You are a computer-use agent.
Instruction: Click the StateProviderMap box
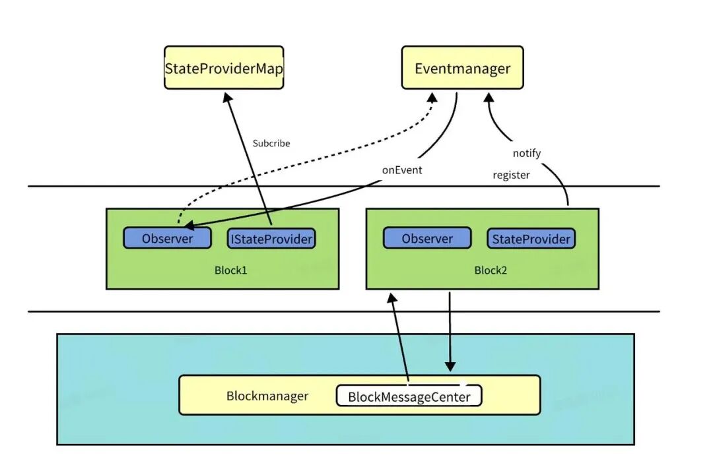point(224,67)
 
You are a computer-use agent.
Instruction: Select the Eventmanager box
point(462,67)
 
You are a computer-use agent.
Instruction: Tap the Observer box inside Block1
point(168,238)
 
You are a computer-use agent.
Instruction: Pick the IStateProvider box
point(271,238)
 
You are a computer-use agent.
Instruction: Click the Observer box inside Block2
point(427,238)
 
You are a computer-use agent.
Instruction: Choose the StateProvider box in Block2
point(531,238)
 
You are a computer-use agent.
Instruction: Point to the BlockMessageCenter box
point(409,396)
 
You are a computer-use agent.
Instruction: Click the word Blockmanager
point(267,396)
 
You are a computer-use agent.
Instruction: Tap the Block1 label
point(231,270)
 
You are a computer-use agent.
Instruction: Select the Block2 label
point(491,270)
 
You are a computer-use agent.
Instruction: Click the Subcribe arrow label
point(271,143)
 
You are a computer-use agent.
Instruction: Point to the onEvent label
point(401,170)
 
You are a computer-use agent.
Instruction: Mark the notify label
point(527,153)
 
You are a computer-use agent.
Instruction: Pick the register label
point(511,176)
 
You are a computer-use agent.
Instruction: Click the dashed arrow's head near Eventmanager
point(433,97)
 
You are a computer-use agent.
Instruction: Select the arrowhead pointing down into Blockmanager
point(450,365)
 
